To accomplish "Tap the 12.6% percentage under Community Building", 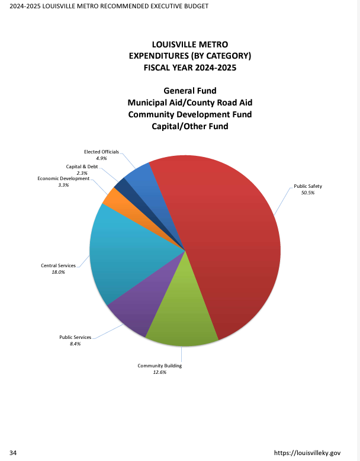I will pos(160,373).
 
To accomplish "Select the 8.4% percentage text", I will pos(75,344).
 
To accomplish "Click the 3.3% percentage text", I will pos(63,185).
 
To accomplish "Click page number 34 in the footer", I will pos(13,453).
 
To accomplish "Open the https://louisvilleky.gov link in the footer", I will pos(308,453).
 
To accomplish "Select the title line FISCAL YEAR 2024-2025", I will pos(190,67).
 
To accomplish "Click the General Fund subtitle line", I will pos(190,91).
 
